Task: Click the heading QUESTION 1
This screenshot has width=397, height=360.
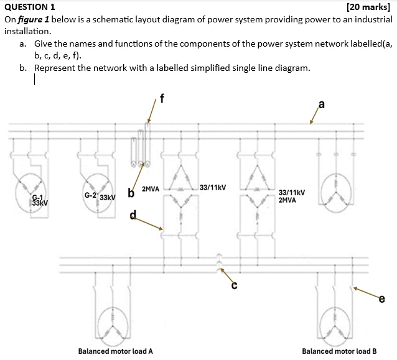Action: click(x=30, y=7)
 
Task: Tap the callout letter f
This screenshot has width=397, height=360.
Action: click(x=163, y=98)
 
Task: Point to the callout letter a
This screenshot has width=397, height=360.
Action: click(x=321, y=104)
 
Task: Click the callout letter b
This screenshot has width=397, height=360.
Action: click(x=131, y=193)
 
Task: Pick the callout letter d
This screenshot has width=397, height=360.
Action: click(x=133, y=216)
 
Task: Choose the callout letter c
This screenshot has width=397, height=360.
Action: click(x=234, y=285)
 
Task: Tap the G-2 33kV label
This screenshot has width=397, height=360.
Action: click(x=100, y=196)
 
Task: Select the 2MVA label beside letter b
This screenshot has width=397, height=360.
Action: click(x=151, y=188)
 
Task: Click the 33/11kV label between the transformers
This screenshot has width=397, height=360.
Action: click(x=212, y=187)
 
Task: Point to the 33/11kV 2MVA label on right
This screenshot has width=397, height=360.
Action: click(x=291, y=196)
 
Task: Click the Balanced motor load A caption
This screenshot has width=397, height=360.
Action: click(x=116, y=351)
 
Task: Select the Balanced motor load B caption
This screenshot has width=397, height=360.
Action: click(x=339, y=351)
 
